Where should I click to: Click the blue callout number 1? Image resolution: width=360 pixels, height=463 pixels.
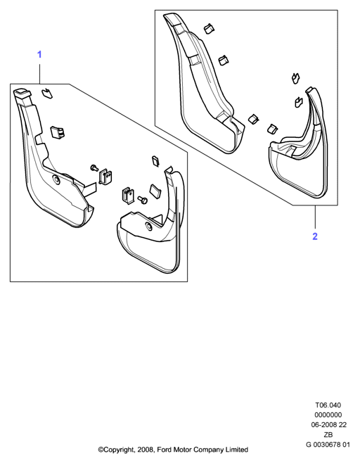coord(39,55)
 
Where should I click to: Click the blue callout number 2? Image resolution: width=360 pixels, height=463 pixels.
coord(315,236)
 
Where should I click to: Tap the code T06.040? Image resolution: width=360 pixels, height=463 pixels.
coord(328,405)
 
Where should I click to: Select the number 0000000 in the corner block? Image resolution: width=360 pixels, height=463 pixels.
coord(328,415)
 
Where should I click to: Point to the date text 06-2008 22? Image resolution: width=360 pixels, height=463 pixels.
coord(329,424)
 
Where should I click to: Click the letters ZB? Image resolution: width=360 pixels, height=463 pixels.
coord(328,434)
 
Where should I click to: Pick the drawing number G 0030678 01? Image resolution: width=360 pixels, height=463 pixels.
coord(328,445)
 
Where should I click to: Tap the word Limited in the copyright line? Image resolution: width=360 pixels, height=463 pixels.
coord(237,450)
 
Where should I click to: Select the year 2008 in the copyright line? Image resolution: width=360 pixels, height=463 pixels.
coord(145,450)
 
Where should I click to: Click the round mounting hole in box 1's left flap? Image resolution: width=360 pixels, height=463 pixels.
coord(56,179)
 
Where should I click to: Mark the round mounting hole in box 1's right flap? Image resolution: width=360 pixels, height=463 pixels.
coord(148,227)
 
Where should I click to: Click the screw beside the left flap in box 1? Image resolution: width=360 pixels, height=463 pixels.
coord(94,167)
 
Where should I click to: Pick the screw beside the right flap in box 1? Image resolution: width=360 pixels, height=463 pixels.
coord(143,200)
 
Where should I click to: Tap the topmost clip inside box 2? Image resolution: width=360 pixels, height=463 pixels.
coord(209,28)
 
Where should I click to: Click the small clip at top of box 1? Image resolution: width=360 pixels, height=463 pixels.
coord(46,93)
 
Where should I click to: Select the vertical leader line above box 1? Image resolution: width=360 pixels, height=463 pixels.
coord(40,73)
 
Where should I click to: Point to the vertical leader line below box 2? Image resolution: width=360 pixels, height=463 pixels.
coord(315,217)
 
